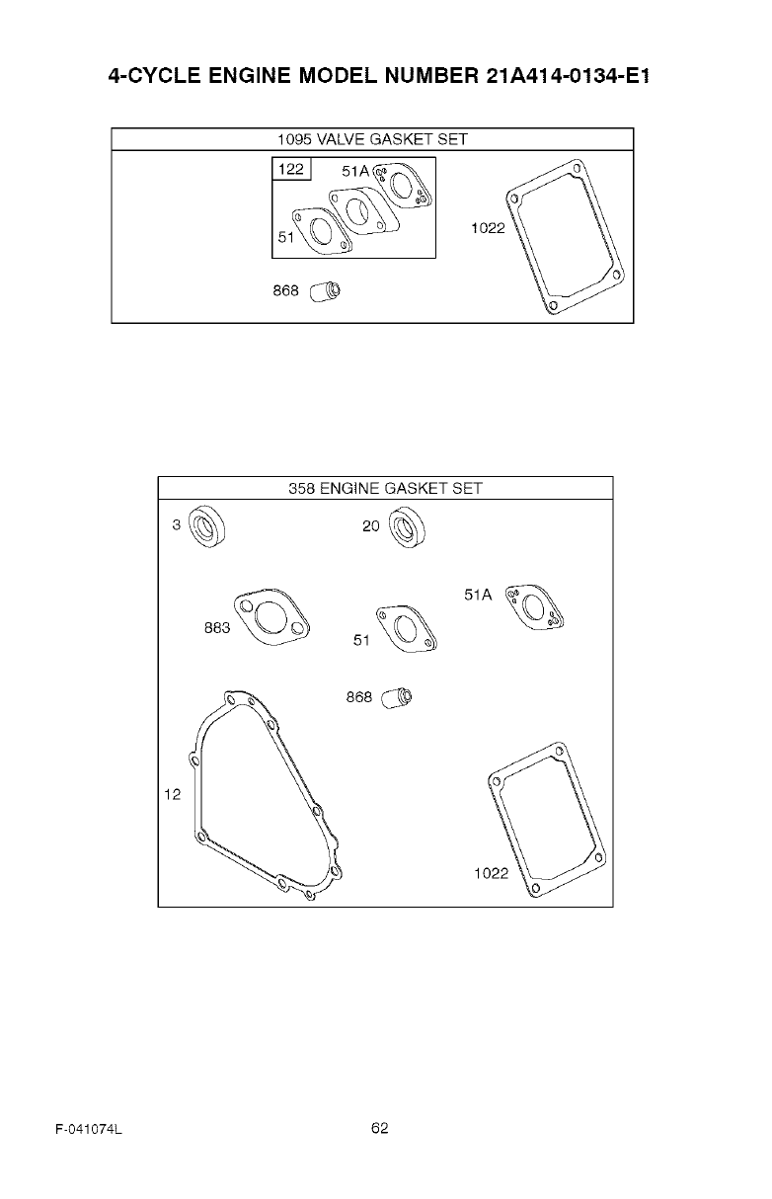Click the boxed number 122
(x=291, y=170)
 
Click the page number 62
(x=380, y=1129)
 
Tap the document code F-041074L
(x=88, y=1130)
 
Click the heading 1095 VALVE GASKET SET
(x=371, y=139)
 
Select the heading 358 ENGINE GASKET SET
(x=385, y=488)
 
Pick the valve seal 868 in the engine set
(x=399, y=698)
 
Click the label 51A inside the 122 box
(x=355, y=172)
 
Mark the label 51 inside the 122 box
(x=285, y=238)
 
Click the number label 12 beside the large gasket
(x=173, y=795)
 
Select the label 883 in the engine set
(x=217, y=628)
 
